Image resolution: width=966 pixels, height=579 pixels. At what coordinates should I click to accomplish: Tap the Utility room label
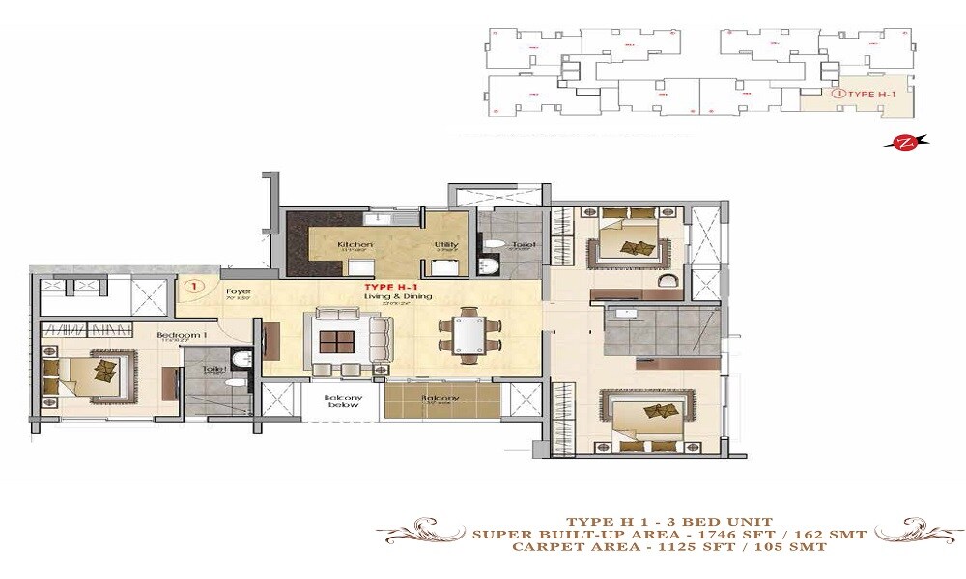click(x=446, y=244)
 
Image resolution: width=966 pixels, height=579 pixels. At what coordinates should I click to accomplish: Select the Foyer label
click(x=239, y=291)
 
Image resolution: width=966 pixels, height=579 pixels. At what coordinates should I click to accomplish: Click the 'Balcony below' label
click(x=343, y=400)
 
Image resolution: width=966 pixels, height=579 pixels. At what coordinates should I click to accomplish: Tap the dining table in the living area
click(x=470, y=335)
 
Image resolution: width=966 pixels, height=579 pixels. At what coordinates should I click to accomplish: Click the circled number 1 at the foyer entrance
click(x=193, y=286)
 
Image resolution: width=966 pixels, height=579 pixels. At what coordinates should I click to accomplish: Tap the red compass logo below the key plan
click(x=906, y=143)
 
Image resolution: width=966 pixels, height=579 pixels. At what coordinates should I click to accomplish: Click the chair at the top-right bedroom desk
click(x=666, y=280)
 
